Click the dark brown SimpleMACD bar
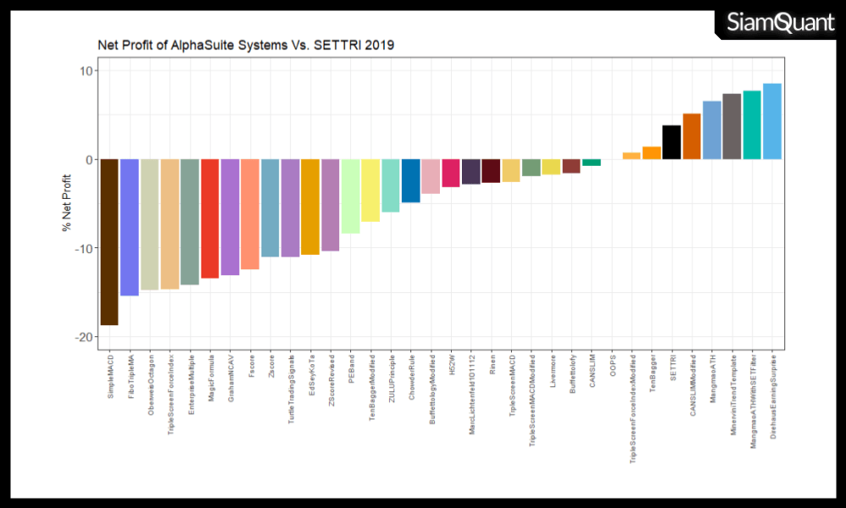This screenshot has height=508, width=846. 109,241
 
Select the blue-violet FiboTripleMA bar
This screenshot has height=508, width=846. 129,227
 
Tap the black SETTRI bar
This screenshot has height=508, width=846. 672,142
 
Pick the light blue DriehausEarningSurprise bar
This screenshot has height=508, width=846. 772,121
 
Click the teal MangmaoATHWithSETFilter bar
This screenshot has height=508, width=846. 752,124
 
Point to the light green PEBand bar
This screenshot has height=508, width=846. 350,196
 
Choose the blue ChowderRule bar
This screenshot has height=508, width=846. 410,180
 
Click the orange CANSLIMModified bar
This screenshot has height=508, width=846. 692,136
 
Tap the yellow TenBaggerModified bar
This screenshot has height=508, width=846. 371,190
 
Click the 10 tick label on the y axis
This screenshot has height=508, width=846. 85,70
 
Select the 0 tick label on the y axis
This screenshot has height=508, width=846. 88,159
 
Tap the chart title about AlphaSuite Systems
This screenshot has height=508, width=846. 246,45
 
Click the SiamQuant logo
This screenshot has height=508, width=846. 780,23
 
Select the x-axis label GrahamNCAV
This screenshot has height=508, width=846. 230,378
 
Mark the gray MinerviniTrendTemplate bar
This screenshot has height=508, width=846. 732,126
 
